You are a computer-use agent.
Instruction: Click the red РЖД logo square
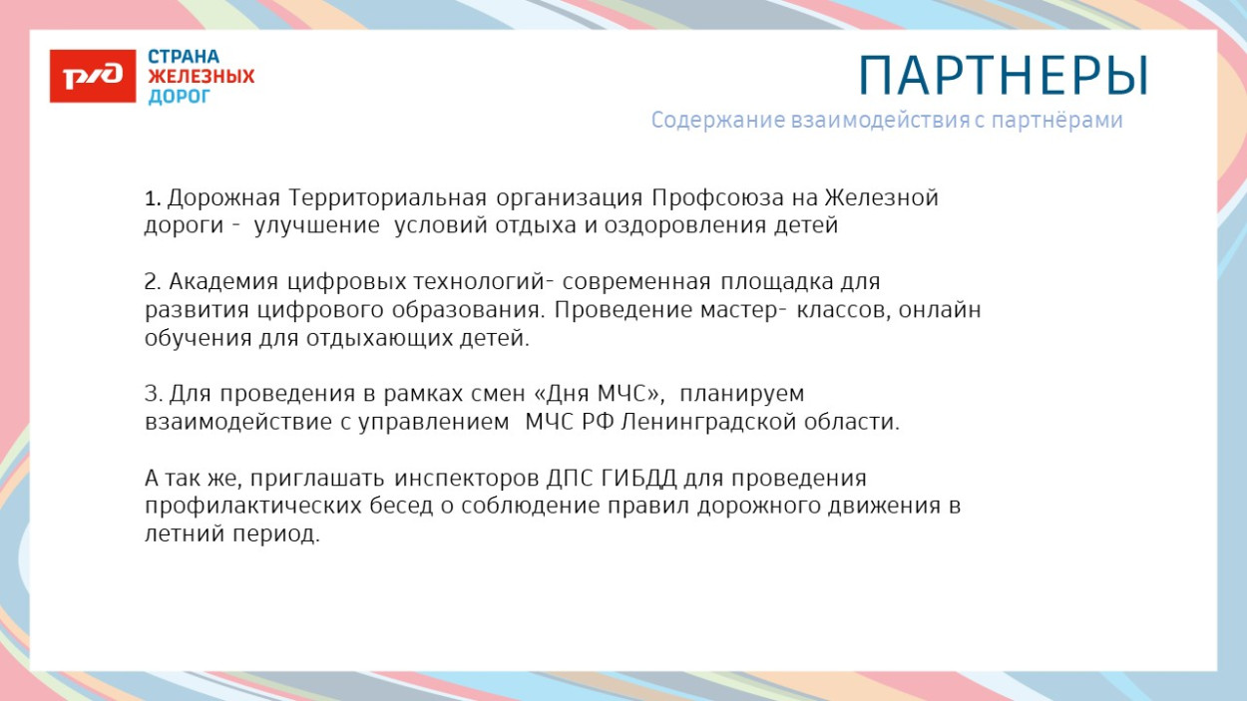tap(93, 76)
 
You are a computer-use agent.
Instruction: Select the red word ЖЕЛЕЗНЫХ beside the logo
tap(202, 77)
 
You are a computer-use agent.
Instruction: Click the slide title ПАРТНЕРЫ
tap(1004, 76)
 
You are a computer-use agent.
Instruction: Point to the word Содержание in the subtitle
tap(718, 121)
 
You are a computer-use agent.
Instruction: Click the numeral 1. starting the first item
tap(153, 198)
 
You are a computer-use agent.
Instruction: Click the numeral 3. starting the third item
tap(154, 394)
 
